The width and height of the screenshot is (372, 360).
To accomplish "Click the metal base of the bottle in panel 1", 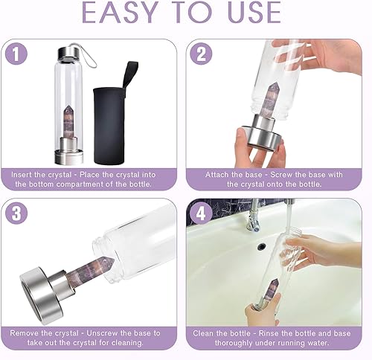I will pyautogui.click(x=64, y=157).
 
